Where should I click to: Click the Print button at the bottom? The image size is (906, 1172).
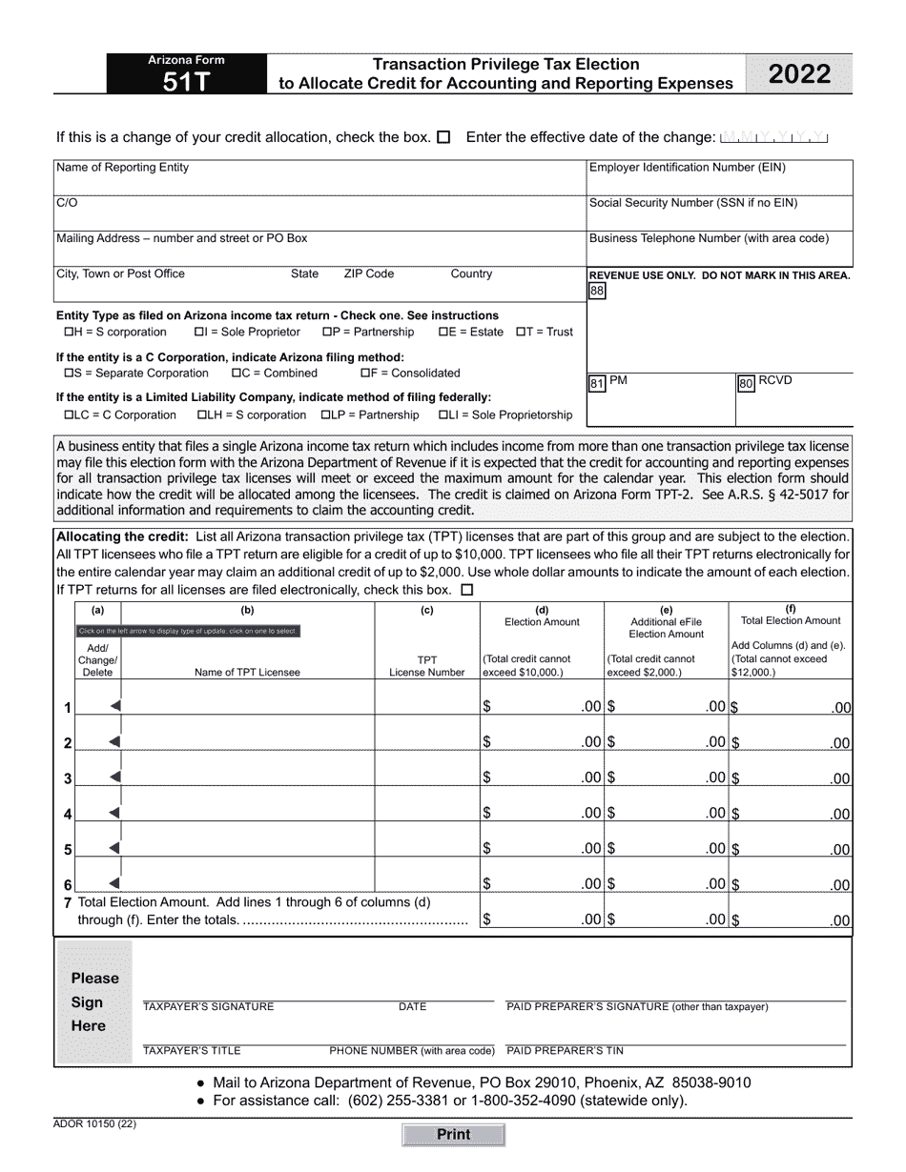coord(453,1135)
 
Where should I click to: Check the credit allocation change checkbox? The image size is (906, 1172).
coord(443,137)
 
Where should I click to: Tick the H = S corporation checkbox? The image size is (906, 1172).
coord(69,333)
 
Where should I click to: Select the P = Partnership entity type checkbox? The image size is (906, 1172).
coord(326,333)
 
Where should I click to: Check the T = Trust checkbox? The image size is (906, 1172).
coord(521,333)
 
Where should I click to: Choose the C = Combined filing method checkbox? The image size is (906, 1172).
coord(237,374)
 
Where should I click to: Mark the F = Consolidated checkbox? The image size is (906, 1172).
coord(365,374)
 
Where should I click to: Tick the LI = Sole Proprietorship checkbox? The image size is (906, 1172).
coord(443,415)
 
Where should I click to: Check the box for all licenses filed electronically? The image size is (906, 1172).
coord(466,590)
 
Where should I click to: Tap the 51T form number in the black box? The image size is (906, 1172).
coord(186,82)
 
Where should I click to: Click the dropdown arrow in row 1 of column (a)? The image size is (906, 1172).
coord(114,706)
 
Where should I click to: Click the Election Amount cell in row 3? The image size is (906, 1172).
coord(542,778)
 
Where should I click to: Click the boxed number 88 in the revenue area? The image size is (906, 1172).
coord(597,292)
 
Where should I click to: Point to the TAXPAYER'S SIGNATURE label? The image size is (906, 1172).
coord(208,1007)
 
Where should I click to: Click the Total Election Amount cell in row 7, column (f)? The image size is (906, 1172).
coord(791,920)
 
